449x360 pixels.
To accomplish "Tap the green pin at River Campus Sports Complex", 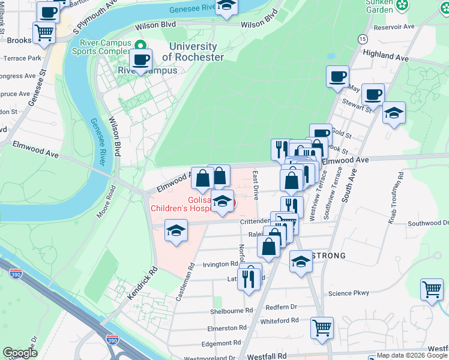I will pyautogui.click(x=140, y=45).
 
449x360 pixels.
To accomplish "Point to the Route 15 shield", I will pyautogui.click(x=362, y=38).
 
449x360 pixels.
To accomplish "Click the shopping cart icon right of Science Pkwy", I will pyautogui.click(x=432, y=290).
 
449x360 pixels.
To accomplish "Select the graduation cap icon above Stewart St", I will pyautogui.click(x=394, y=113).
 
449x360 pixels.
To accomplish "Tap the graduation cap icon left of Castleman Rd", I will pyautogui.click(x=175, y=230).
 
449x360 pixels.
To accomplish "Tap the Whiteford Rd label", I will pyautogui.click(x=279, y=321).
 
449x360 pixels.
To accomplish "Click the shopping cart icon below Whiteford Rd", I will pyautogui.click(x=322, y=328).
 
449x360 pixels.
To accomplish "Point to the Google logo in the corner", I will pyautogui.click(x=20, y=353).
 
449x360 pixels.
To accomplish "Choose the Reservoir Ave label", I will pyautogui.click(x=394, y=26).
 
